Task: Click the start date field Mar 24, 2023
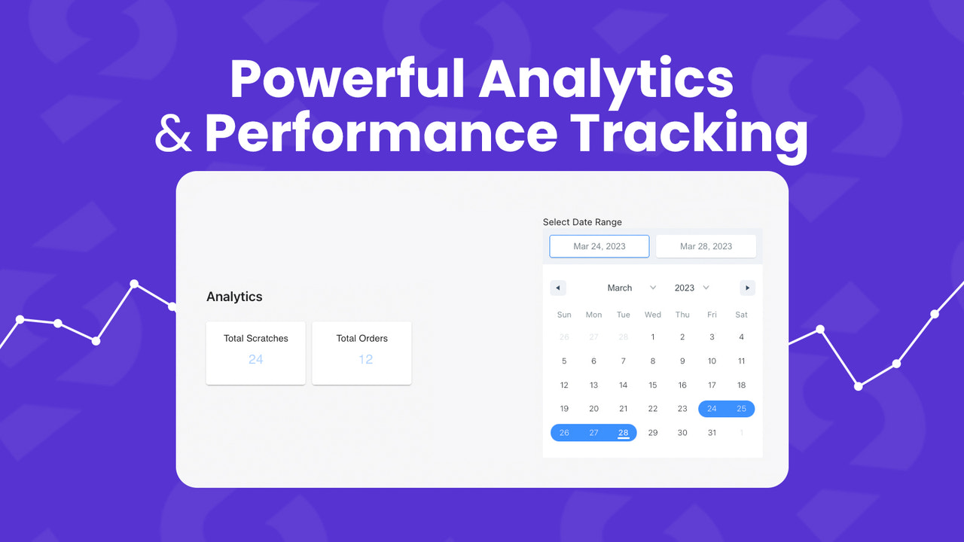(599, 246)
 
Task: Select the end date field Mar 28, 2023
(706, 246)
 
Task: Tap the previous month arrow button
(557, 288)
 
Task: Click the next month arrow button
(747, 288)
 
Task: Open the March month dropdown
(632, 288)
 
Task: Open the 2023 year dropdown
(692, 288)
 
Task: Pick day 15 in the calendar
(653, 385)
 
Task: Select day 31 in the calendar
(712, 432)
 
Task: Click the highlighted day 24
(712, 409)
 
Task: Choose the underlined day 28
(623, 432)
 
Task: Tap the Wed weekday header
(653, 315)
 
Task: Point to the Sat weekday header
(741, 315)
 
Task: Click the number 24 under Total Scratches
(255, 359)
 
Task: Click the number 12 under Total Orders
(365, 359)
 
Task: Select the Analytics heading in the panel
(234, 297)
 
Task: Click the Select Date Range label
(582, 222)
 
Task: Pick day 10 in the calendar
(712, 361)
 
